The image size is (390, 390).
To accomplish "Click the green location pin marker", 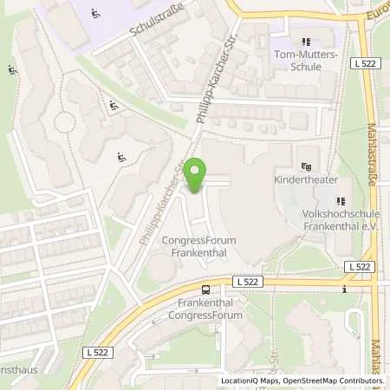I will click(197, 176).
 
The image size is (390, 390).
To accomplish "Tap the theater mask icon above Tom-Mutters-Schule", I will click(304, 41).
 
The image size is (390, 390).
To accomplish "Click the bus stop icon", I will click(206, 289).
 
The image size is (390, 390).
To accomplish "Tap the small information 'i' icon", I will click(344, 289).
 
